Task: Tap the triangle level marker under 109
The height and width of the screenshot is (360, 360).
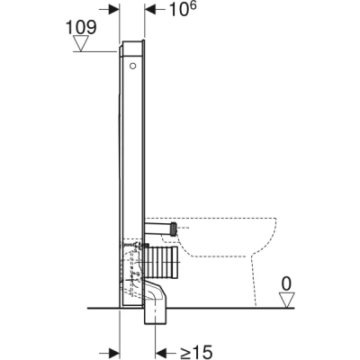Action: tap(83, 43)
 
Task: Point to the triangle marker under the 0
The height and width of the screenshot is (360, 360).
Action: tap(285, 300)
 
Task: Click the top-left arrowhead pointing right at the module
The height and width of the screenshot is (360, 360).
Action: tap(114, 11)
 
